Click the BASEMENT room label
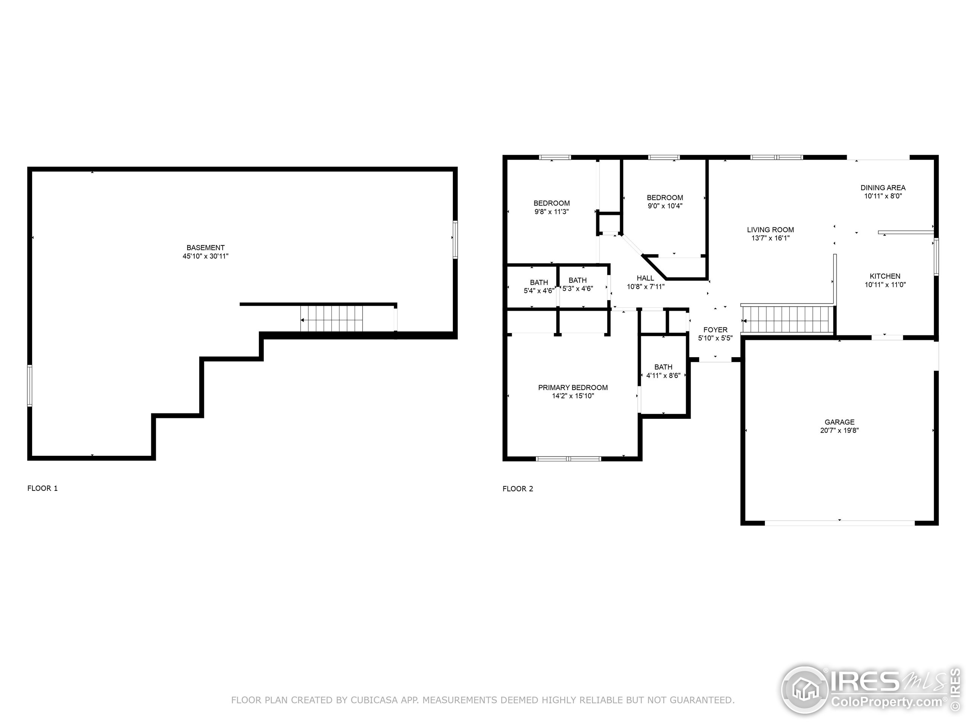tap(205, 247)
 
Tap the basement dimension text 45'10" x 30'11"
tap(205, 256)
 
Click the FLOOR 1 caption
tap(42, 488)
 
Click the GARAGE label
tap(839, 422)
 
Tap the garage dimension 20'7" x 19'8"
tap(839, 430)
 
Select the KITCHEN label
tap(885, 276)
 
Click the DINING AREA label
tap(883, 187)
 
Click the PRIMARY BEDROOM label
tap(572, 387)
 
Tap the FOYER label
tap(715, 330)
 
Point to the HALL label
tap(645, 278)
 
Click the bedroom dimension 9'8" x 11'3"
tap(552, 211)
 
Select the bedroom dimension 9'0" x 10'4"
tap(665, 206)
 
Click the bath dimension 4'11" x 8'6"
tap(663, 375)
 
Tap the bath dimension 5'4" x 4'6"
tap(538, 291)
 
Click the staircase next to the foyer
tap(786, 319)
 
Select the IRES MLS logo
tap(869, 691)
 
